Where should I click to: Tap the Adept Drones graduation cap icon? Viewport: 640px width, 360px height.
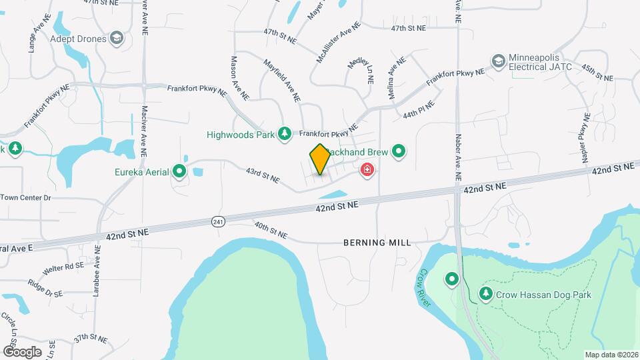pyautogui.click(x=117, y=38)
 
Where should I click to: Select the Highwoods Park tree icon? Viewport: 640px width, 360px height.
pyautogui.click(x=285, y=134)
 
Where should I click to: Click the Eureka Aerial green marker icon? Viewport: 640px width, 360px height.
pyautogui.click(x=179, y=172)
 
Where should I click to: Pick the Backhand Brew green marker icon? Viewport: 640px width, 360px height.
pyautogui.click(x=399, y=152)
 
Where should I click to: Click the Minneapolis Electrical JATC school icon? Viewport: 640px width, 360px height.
pyautogui.click(x=498, y=61)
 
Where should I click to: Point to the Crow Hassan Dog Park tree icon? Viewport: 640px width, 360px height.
pyautogui.click(x=486, y=293)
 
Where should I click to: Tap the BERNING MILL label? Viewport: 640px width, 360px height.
pyautogui.click(x=377, y=243)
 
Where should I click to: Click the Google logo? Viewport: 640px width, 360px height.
pyautogui.click(x=22, y=351)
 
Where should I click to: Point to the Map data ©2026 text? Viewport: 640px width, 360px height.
pyautogui.click(x=611, y=355)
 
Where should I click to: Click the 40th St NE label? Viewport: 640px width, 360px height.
pyautogui.click(x=270, y=230)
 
